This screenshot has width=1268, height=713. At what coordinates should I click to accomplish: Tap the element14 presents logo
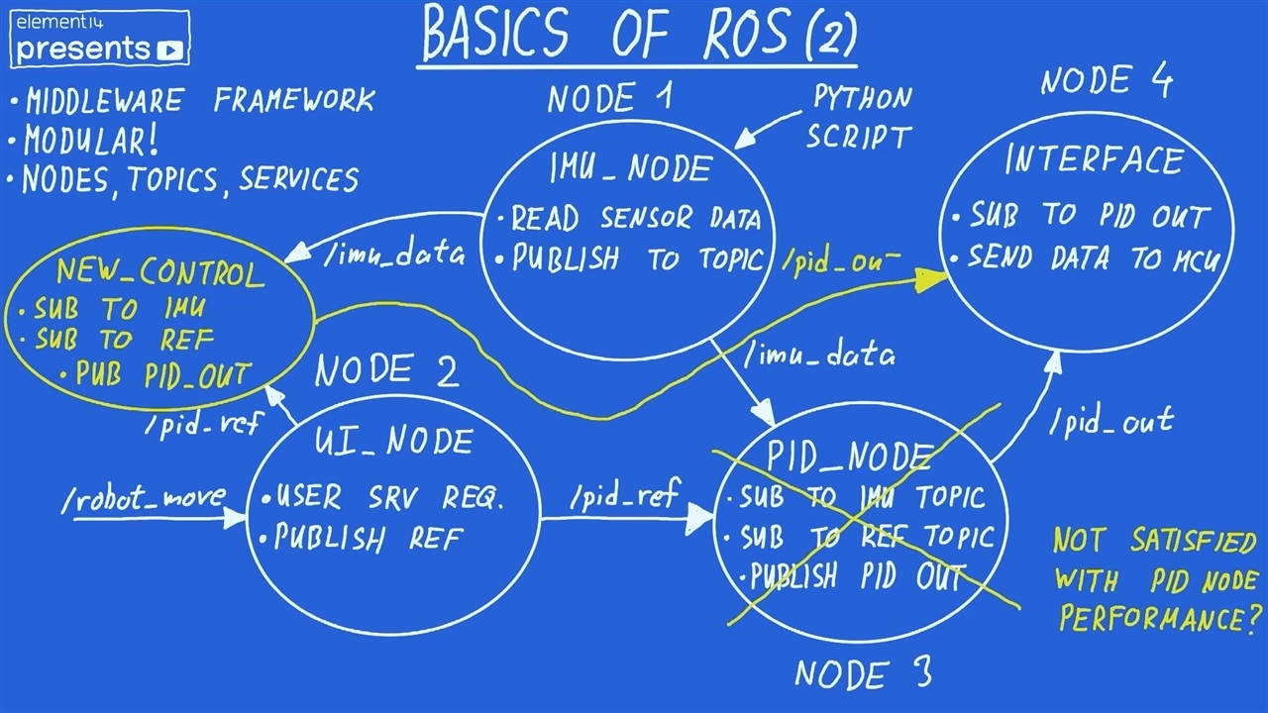pos(99,38)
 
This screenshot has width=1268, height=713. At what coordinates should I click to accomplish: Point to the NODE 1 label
pos(609,98)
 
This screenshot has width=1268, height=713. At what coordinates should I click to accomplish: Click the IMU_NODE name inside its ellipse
pos(630,169)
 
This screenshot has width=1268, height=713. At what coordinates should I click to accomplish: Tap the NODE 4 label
pos(1106,81)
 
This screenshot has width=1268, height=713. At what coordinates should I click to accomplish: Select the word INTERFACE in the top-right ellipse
pos(1094,160)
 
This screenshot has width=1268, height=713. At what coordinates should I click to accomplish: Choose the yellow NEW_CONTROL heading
pos(159,272)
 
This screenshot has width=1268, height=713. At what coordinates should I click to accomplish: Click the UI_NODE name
pos(393,441)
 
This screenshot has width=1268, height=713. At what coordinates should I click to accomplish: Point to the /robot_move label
pos(144,499)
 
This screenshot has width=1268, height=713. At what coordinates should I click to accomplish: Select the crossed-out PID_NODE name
pos(849,457)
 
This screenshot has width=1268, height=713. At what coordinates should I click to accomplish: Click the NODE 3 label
pos(863,674)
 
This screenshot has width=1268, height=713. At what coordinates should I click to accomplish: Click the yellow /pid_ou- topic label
pos(841,261)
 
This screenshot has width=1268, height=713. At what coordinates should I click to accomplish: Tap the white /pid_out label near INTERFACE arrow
pos(1111,421)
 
